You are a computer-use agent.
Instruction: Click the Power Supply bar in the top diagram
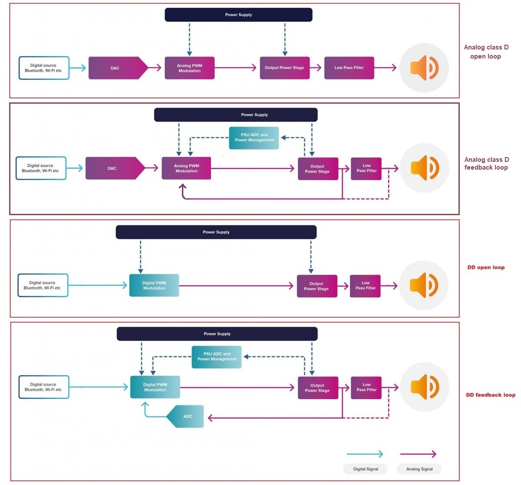pyautogui.click(x=238, y=15)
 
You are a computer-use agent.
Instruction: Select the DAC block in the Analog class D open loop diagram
pyautogui.click(x=115, y=68)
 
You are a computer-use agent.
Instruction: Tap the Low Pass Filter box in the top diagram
pyautogui.click(x=349, y=68)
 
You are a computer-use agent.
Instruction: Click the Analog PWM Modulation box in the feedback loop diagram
pyautogui.click(x=186, y=168)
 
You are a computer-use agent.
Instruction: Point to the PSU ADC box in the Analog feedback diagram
pyautogui.click(x=254, y=138)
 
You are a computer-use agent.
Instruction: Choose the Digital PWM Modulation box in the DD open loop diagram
pyautogui.click(x=154, y=285)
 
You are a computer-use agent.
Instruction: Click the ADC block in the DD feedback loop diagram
pyautogui.click(x=187, y=416)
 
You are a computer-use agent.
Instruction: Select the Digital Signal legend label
pyautogui.click(x=366, y=469)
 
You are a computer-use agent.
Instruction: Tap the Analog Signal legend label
pyautogui.click(x=419, y=469)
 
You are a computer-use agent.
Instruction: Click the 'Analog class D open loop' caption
pyautogui.click(x=486, y=52)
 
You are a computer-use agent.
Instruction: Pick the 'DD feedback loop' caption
pyautogui.click(x=490, y=395)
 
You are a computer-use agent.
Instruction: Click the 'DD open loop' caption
pyautogui.click(x=486, y=267)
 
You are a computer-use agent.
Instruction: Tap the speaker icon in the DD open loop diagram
pyautogui.click(x=424, y=285)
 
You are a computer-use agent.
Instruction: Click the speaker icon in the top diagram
pyautogui.click(x=424, y=68)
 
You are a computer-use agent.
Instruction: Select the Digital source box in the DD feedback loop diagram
pyautogui.click(x=43, y=387)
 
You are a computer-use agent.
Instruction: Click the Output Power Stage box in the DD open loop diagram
pyautogui.click(x=317, y=286)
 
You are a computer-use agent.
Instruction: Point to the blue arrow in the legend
pyautogui.click(x=365, y=454)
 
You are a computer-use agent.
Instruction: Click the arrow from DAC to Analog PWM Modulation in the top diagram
pyautogui.click(x=155, y=68)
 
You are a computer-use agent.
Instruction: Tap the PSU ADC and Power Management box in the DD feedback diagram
pyautogui.click(x=217, y=357)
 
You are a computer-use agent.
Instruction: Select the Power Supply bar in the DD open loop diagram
pyautogui.click(x=216, y=232)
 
